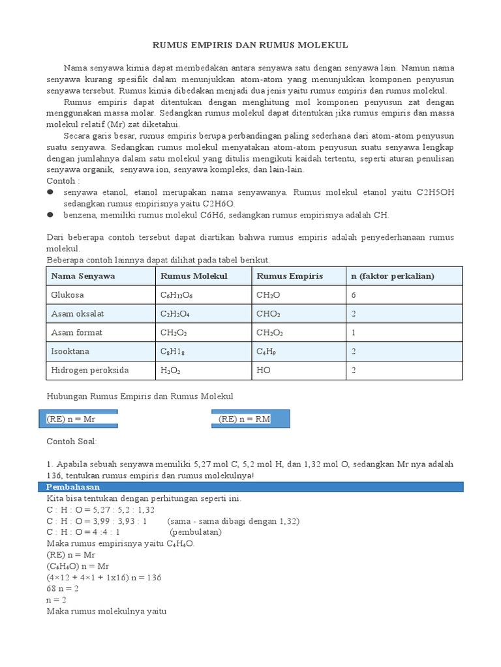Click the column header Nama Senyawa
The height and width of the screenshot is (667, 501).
pos(83,276)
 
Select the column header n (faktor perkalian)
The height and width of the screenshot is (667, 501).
pos(393,276)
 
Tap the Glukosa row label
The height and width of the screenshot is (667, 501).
pos(67,295)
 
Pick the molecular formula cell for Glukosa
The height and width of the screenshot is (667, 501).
pos(177,295)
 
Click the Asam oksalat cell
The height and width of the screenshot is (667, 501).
pos(78,314)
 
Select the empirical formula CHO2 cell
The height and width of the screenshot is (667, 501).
pos(269,314)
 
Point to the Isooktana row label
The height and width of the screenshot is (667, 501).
pos(70,352)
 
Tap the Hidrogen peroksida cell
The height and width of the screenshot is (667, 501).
pos(90,371)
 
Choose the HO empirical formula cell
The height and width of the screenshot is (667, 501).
pos(264,371)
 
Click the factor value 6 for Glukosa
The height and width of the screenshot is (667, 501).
pos(354,295)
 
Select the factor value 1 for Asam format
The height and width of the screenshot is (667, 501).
pos(354,333)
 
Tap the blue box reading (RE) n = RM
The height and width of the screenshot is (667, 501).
pos(250,419)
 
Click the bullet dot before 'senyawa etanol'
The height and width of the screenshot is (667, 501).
pos(50,193)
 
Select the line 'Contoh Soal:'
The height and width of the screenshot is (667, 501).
pos(72,442)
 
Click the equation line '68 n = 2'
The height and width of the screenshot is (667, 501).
pos(63,588)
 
